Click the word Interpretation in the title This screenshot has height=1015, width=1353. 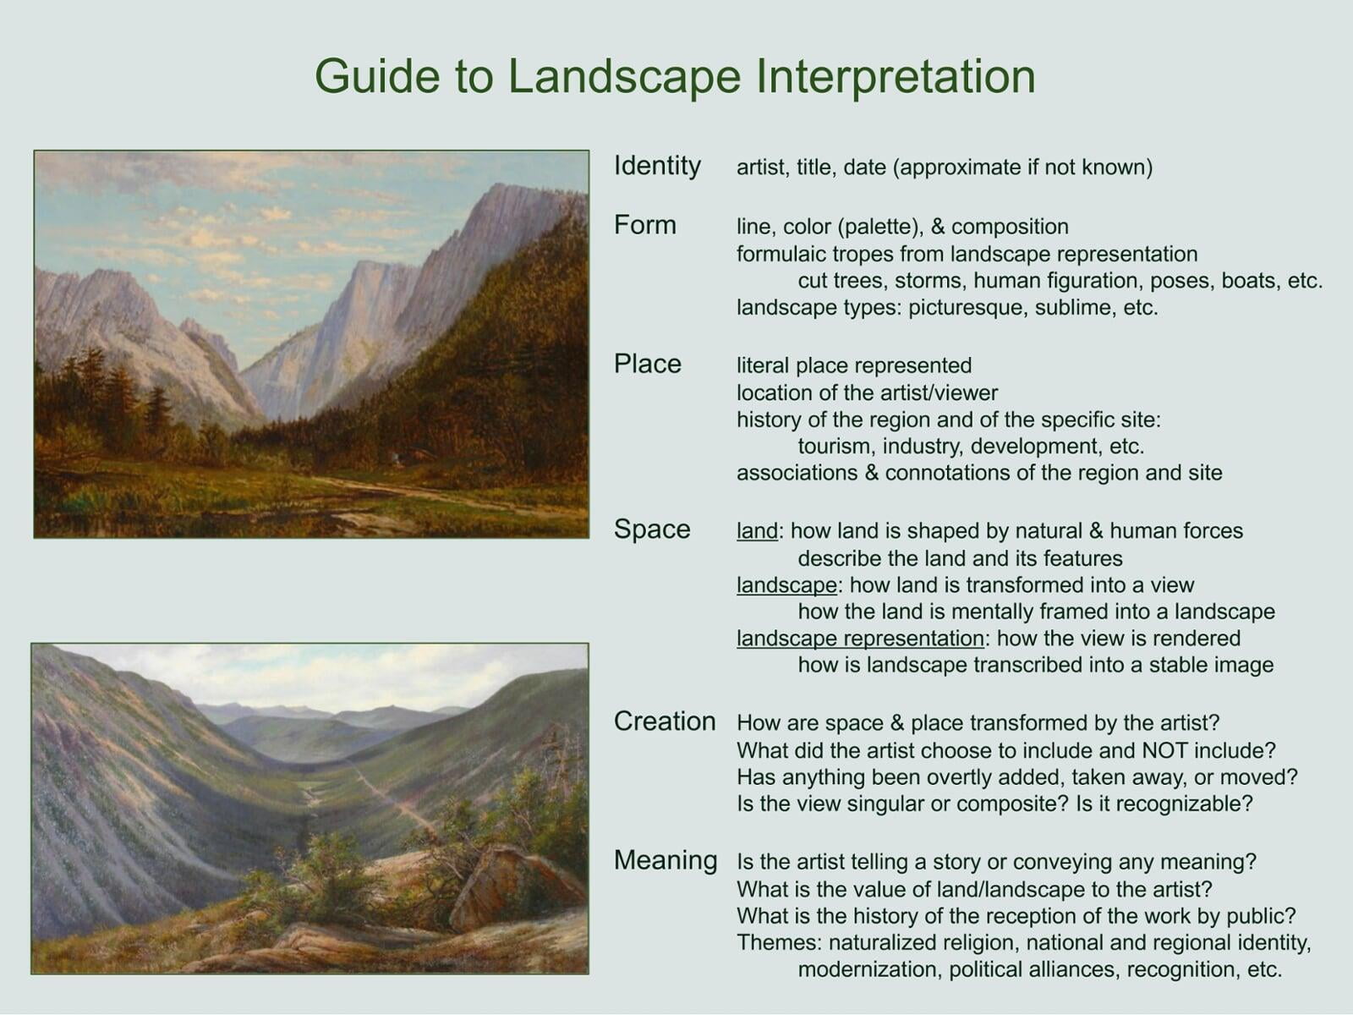pyautogui.click(x=895, y=76)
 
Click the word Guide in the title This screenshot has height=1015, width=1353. pyautogui.click(x=378, y=75)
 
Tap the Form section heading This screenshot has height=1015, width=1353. pyautogui.click(x=644, y=225)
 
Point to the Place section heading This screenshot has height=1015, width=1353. pyautogui.click(x=647, y=365)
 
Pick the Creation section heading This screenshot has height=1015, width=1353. pyautogui.click(x=665, y=721)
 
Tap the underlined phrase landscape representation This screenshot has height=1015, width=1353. pyautogui.click(x=860, y=639)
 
